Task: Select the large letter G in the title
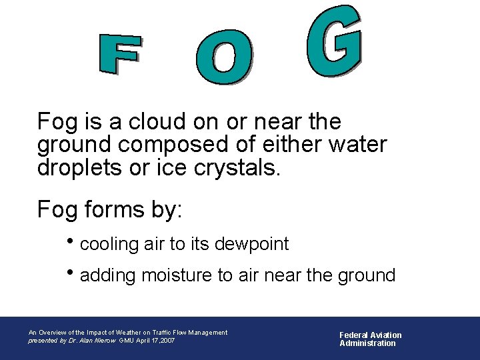(335, 41)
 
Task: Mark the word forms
(110, 209)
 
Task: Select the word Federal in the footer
(353, 335)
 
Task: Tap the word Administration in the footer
(367, 343)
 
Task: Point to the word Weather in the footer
(129, 333)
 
